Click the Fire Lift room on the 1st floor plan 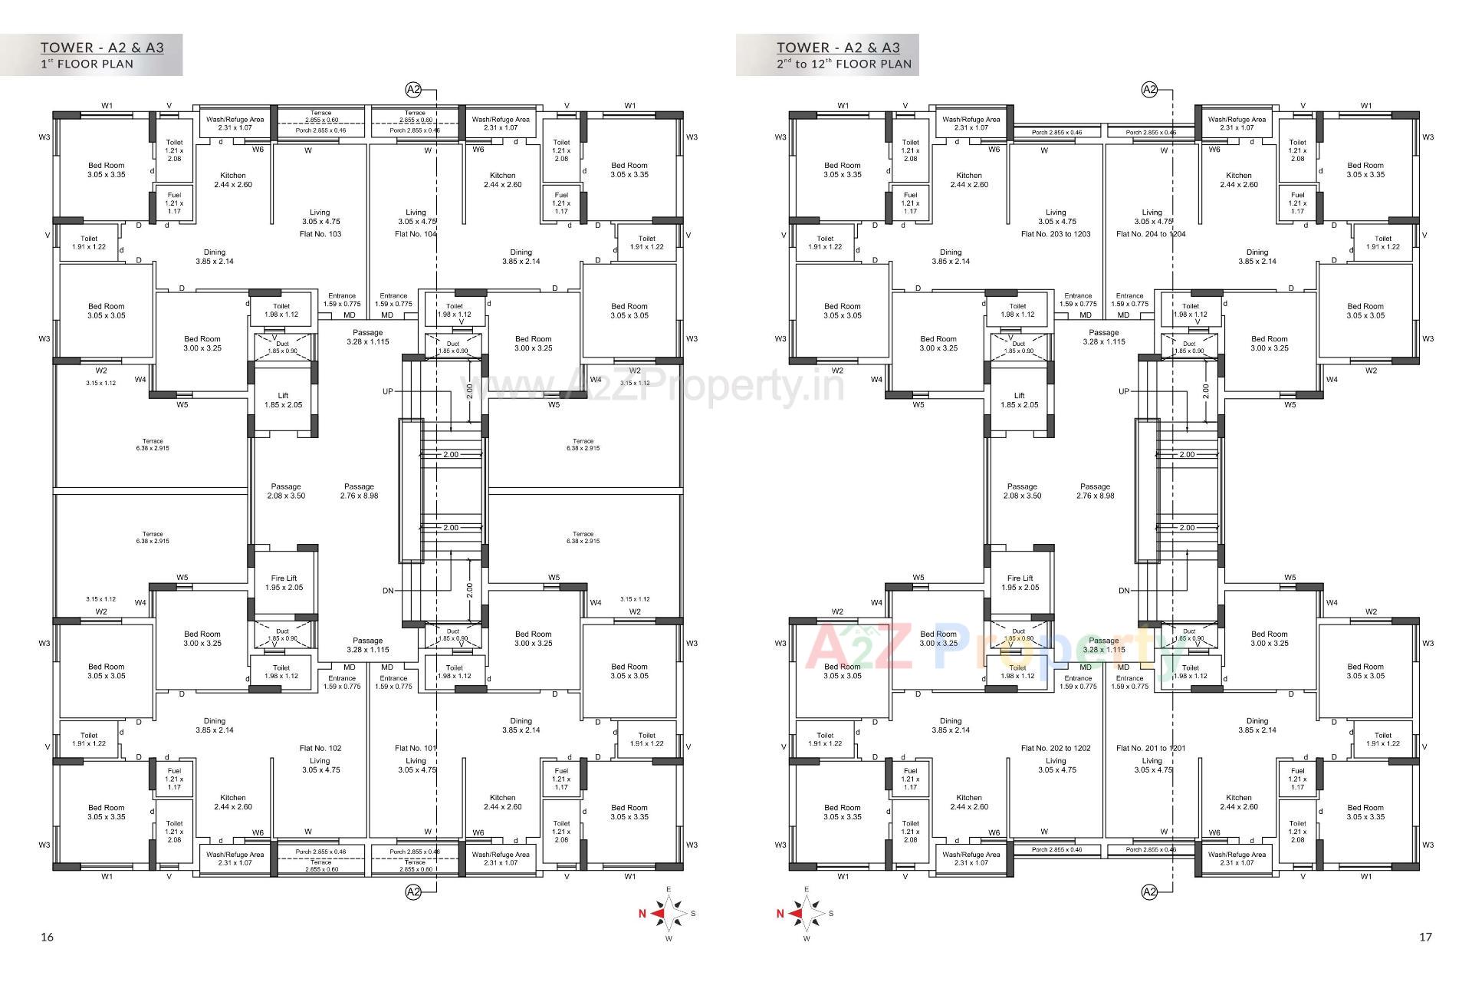[x=284, y=583]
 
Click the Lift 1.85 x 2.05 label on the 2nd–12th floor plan [x=1019, y=400]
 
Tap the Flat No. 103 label [x=320, y=234]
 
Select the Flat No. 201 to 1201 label [x=1151, y=748]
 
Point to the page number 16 [x=48, y=937]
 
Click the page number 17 [x=1425, y=937]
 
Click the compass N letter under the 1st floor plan [x=642, y=914]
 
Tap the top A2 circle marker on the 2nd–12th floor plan [x=1149, y=90]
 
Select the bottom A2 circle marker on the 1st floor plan [x=413, y=892]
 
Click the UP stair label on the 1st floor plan [x=388, y=392]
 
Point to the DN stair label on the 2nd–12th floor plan [x=1124, y=591]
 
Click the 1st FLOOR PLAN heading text [x=87, y=64]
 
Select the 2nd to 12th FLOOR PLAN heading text [x=844, y=64]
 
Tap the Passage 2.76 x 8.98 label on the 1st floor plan [x=359, y=491]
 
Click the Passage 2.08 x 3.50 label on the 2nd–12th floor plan [x=1022, y=491]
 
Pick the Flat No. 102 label [x=320, y=748]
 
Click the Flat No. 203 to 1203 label [x=1056, y=234]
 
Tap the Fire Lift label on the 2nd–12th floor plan [x=1020, y=583]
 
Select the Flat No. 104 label [x=415, y=234]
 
